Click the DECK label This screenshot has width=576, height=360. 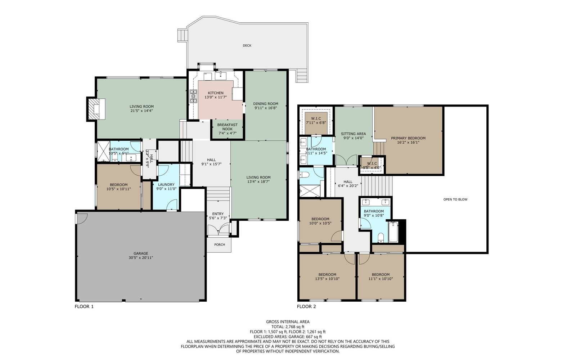247,45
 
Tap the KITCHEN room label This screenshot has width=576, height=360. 216,93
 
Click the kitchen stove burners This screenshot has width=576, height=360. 193,96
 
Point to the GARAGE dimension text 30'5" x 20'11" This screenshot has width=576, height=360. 141,258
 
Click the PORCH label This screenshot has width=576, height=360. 220,244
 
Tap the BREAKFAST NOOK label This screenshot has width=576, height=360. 227,127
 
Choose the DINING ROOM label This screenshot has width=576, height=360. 266,104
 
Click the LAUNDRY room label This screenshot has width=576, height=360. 166,184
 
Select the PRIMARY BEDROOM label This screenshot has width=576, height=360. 408,138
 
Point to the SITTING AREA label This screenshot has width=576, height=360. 353,134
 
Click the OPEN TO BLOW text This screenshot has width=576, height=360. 455,199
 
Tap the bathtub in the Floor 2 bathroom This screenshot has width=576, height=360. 393,232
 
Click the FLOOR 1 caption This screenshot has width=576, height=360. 84,306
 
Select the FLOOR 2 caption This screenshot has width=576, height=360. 306,306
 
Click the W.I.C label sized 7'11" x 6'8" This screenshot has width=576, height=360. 316,121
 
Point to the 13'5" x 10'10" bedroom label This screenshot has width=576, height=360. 327,277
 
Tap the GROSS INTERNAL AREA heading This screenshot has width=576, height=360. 288,322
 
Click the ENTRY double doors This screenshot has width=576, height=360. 218,230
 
